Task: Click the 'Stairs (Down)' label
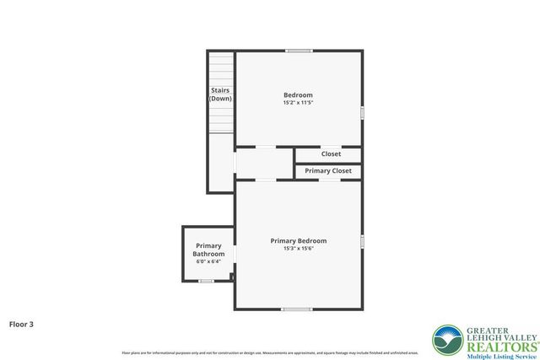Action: [x=220, y=94]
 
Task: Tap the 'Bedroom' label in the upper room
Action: [x=298, y=94]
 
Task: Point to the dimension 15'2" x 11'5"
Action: [x=298, y=104]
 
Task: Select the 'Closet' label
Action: [x=331, y=154]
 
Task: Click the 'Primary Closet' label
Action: [x=328, y=171]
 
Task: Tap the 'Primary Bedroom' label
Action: [x=298, y=240]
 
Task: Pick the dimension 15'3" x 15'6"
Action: [x=298, y=249]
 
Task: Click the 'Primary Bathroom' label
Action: [x=208, y=250]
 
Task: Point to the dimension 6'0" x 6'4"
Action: [x=208, y=261]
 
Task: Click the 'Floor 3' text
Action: [x=22, y=323]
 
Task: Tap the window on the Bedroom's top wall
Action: [x=298, y=51]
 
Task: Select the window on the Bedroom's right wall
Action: [x=362, y=112]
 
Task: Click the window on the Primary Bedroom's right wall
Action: [x=362, y=242]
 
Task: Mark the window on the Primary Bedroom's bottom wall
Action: [x=297, y=309]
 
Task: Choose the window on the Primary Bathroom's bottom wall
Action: [x=205, y=281]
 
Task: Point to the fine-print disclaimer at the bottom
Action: [x=270, y=352]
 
